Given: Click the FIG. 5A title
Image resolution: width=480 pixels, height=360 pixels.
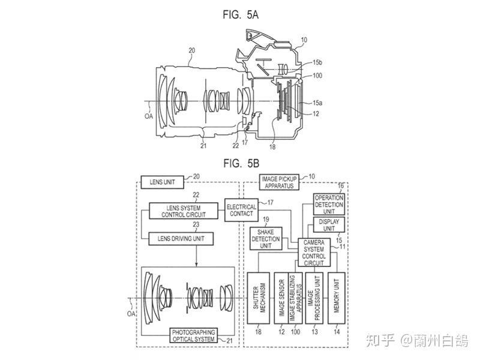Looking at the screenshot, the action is [241, 14].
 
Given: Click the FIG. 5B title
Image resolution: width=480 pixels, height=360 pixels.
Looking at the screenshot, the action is [241, 163].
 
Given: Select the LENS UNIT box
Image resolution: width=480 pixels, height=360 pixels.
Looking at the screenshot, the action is [162, 182].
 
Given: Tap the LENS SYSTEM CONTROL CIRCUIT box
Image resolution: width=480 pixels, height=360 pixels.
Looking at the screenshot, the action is [184, 211].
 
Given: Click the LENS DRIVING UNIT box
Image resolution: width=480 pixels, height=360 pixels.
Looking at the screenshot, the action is [181, 239].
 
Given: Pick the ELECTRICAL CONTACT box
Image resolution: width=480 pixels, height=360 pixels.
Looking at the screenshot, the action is [242, 210].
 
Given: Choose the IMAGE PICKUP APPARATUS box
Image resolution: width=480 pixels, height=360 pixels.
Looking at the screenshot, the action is [279, 182].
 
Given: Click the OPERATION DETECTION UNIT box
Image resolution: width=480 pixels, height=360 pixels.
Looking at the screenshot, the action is [329, 204].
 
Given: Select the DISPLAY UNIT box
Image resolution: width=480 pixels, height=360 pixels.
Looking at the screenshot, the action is [329, 225].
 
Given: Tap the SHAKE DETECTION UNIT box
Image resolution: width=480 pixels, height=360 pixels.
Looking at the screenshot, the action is [266, 239].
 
